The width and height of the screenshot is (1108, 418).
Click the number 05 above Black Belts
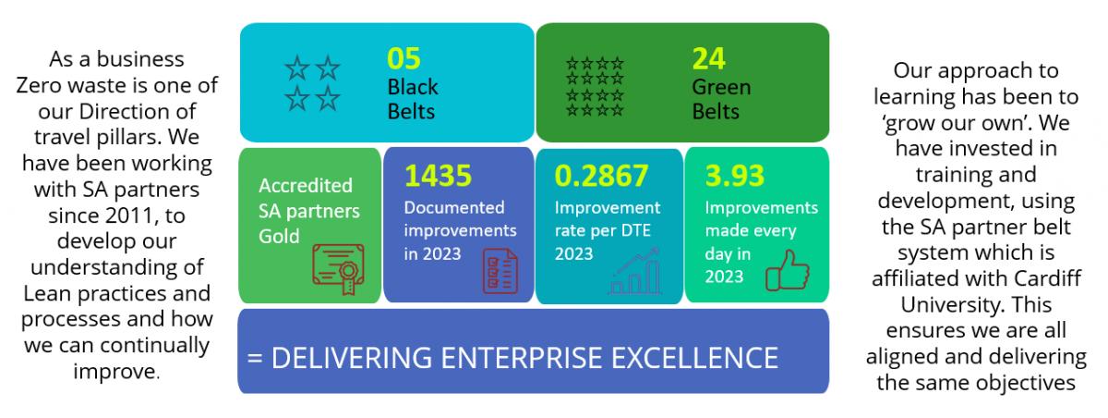(x=403, y=58)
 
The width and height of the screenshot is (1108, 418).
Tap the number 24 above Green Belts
(x=708, y=58)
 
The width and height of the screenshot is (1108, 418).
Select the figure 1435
(x=438, y=176)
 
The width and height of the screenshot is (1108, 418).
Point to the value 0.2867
(x=601, y=176)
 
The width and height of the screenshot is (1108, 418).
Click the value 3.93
(x=735, y=176)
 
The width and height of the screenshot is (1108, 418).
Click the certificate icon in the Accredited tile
(x=339, y=269)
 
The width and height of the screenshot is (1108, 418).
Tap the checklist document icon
(x=500, y=271)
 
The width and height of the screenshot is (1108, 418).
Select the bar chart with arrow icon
(x=634, y=271)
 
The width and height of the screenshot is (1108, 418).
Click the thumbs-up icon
(x=788, y=270)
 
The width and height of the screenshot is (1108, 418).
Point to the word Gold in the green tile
(x=279, y=236)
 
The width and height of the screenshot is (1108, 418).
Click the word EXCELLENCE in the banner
(x=694, y=358)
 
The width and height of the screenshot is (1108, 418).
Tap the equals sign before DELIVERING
(x=255, y=358)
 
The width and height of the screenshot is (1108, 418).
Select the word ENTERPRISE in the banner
(x=522, y=358)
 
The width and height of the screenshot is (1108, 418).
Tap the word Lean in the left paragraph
(x=47, y=293)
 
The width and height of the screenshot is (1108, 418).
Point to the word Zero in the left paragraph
(x=39, y=85)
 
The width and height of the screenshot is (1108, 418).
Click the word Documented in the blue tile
(x=454, y=207)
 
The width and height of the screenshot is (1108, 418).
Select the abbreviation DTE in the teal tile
(x=633, y=230)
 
